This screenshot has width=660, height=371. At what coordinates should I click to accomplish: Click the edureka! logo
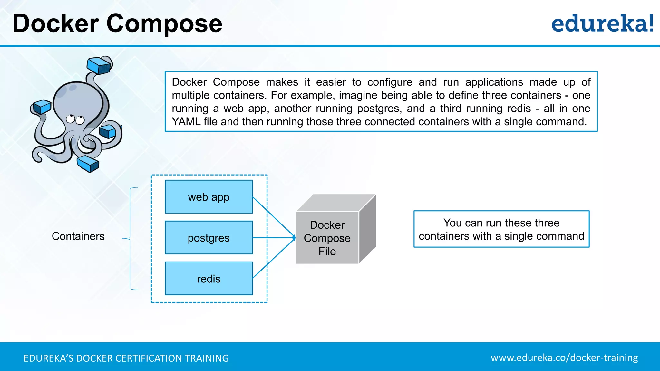[x=602, y=24]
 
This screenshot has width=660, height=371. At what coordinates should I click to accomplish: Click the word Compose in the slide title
[x=164, y=24]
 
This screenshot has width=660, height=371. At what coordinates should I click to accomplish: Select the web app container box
[x=209, y=197]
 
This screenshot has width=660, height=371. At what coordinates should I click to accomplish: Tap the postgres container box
[x=209, y=238]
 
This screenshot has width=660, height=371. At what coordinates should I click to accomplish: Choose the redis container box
[x=209, y=279]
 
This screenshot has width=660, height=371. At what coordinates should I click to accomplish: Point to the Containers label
[x=78, y=236]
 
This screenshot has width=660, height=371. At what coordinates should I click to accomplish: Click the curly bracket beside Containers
[x=130, y=238]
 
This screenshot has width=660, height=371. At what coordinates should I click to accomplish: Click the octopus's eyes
[x=75, y=119]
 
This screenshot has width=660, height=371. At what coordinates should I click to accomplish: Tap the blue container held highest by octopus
[x=99, y=65]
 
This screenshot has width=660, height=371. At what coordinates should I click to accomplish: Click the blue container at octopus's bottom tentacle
[x=88, y=164]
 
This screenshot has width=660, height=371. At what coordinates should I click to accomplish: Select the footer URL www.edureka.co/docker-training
[x=564, y=358]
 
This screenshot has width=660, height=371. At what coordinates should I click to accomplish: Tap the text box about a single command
[x=501, y=229]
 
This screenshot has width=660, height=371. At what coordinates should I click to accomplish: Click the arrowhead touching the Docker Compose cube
[x=294, y=238]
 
